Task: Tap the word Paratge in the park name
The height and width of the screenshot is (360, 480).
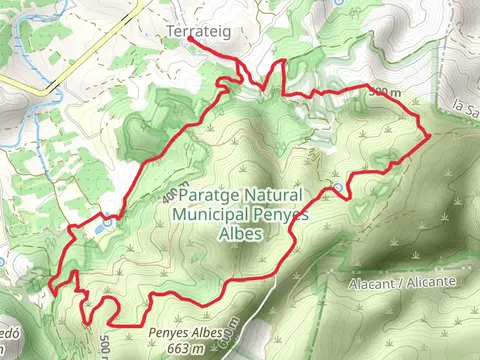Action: [213, 195]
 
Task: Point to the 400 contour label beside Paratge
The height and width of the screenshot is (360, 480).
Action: [168, 195]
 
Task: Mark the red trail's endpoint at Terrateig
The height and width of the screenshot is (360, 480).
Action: [190, 41]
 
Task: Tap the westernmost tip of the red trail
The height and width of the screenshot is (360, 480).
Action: [47, 291]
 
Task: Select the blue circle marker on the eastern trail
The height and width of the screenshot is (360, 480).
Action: [338, 187]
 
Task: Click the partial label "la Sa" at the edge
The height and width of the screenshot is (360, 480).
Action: [464, 108]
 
